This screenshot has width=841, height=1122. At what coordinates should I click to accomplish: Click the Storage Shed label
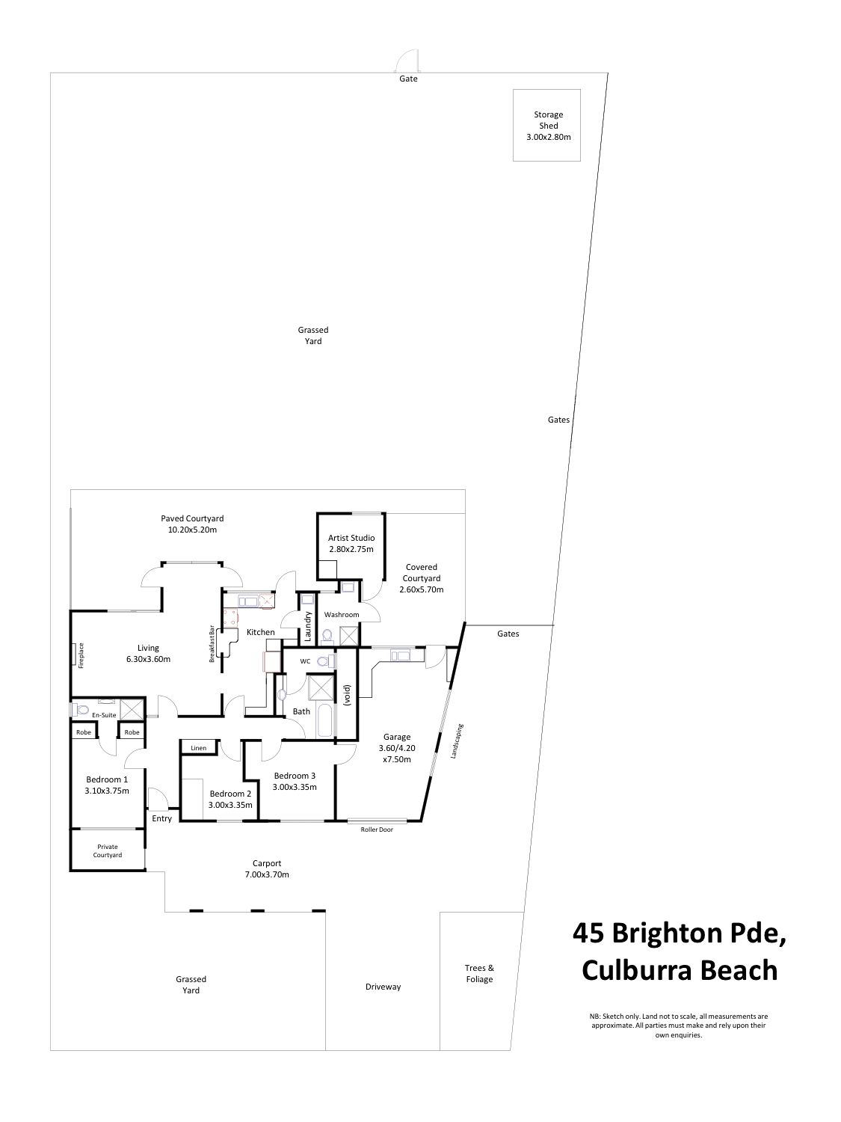(549, 120)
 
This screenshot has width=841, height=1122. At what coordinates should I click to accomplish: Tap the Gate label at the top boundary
(408, 79)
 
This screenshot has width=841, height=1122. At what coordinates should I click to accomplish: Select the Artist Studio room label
(351, 538)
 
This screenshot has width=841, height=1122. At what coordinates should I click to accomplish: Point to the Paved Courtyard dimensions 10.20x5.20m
(193, 530)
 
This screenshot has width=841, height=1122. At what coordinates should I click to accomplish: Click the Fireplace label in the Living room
(81, 655)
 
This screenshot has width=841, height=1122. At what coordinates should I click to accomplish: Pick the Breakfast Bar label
(212, 643)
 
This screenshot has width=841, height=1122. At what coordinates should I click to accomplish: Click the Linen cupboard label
(199, 748)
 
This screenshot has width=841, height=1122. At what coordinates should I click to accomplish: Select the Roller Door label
(377, 830)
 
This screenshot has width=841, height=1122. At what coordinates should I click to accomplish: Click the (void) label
(347, 695)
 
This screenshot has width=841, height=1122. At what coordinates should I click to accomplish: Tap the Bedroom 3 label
(295, 776)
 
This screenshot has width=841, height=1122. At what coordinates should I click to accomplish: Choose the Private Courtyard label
(107, 850)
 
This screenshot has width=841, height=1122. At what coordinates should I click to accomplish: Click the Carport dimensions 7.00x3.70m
(267, 874)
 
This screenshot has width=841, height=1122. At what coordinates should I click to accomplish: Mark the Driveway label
(383, 987)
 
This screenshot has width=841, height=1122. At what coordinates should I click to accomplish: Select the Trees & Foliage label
(479, 974)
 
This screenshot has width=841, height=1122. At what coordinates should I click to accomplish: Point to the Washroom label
(342, 614)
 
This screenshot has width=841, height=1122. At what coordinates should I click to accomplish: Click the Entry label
(162, 818)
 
